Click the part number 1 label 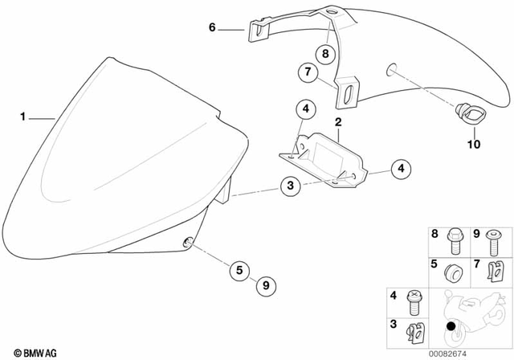[24, 118]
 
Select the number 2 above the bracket [338, 122]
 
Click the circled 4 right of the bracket [402, 168]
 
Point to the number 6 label [212, 27]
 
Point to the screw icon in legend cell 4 [414, 303]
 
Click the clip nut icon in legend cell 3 [414, 331]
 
